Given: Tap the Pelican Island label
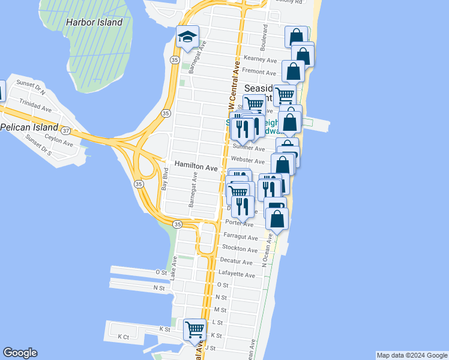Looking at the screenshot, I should click(x=28, y=127).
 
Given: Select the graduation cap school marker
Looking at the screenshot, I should click(x=187, y=37).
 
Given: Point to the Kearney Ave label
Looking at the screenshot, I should click(x=261, y=61).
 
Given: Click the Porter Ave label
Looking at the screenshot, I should click(x=238, y=223).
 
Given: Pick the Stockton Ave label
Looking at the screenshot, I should click(x=240, y=248).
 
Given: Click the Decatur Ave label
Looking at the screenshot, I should click(x=236, y=262).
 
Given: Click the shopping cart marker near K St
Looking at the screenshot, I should click(x=194, y=329).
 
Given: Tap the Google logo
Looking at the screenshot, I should click(x=20, y=353).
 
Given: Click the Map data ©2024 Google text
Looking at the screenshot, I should click(x=411, y=355).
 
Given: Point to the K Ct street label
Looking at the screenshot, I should click(x=123, y=337).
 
